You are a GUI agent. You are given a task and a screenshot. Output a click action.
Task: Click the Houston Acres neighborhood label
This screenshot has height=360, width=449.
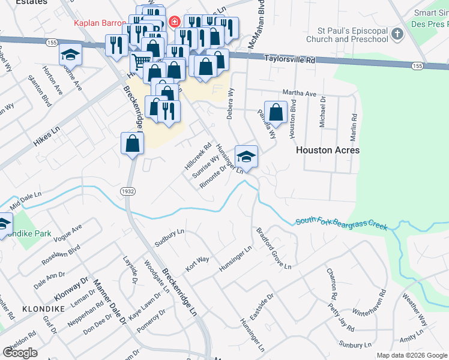click(x=328, y=150)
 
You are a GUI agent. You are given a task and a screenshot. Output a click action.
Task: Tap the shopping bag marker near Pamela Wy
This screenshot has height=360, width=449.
click(x=276, y=112)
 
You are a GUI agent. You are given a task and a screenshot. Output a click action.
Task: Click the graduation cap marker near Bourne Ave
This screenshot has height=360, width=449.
click(x=70, y=55)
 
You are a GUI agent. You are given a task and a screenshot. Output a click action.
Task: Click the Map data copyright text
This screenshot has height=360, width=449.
click(x=412, y=355)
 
